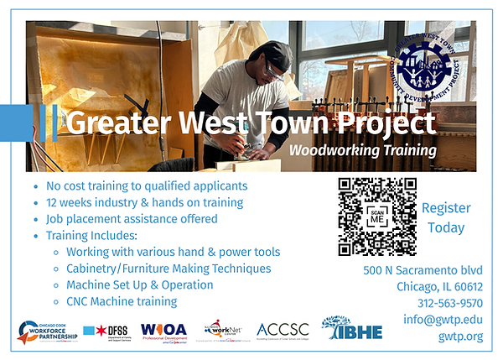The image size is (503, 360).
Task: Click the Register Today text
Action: (x=446, y=217)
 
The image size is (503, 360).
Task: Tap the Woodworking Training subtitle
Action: (x=350, y=151)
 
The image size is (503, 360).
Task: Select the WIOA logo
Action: (x=164, y=329)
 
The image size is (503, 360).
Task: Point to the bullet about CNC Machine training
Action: (x=121, y=301)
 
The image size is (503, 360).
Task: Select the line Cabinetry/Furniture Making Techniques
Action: (x=168, y=269)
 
